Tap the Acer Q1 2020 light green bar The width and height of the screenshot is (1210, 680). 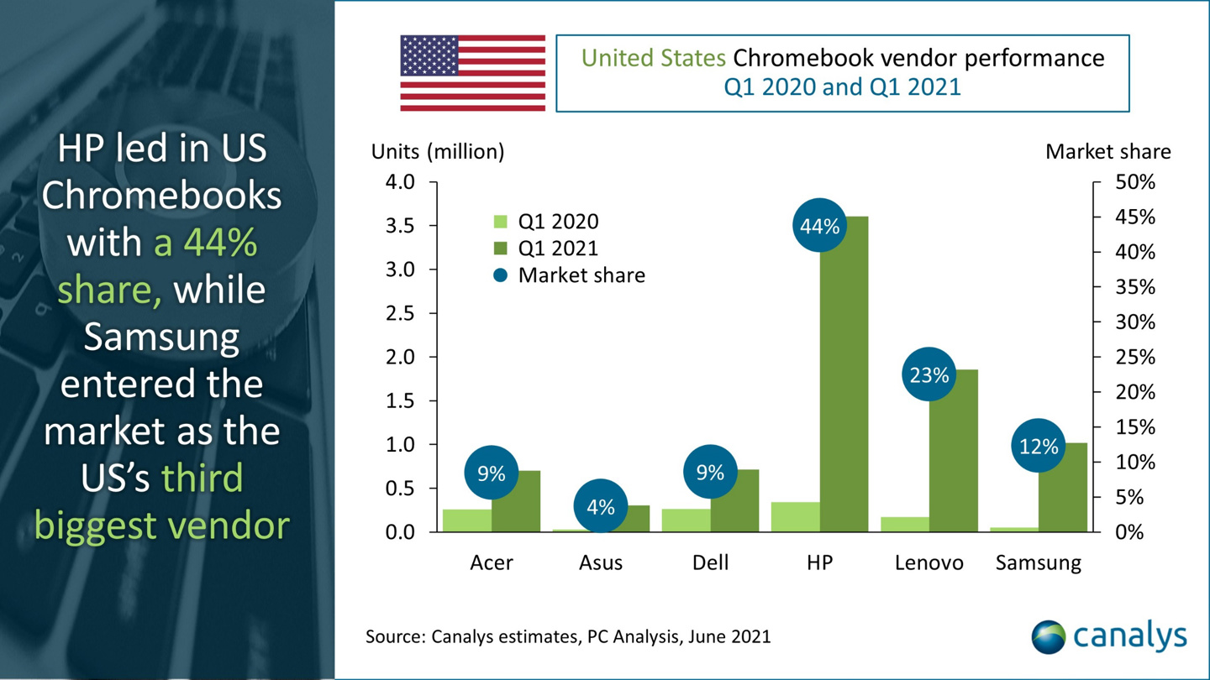(x=467, y=520)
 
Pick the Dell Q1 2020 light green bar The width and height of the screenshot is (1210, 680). (x=686, y=520)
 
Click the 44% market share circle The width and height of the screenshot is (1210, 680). (x=819, y=226)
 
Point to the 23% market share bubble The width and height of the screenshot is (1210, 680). (x=929, y=374)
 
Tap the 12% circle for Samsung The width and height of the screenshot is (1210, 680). (x=1038, y=447)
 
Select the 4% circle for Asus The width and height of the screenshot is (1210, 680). (x=601, y=506)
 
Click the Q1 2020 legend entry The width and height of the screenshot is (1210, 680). (x=546, y=222)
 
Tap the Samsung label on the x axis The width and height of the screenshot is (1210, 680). (x=1038, y=562)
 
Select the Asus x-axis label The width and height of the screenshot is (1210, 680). (x=601, y=562)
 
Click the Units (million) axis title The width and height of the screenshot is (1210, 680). (x=438, y=152)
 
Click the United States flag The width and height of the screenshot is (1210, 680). (x=472, y=73)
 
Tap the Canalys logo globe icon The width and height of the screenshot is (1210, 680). (x=1048, y=636)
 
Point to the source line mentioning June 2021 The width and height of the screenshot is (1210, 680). (x=567, y=636)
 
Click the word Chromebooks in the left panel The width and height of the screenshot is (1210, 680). (x=161, y=196)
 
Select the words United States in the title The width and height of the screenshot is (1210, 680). (x=654, y=58)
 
